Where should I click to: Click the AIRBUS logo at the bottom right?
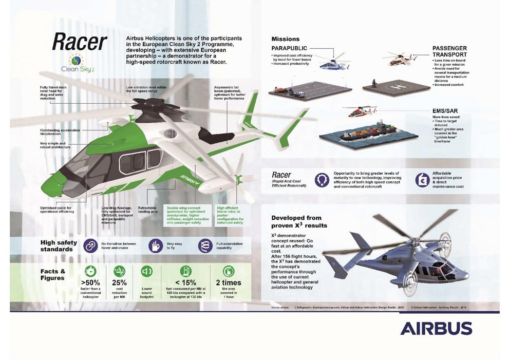(x=436, y=328)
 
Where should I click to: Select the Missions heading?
(x=285, y=39)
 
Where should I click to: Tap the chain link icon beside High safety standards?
(x=90, y=245)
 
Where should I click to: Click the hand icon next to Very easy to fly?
(x=155, y=245)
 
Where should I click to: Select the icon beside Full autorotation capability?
(x=204, y=245)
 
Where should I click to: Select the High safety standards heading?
(x=59, y=245)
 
